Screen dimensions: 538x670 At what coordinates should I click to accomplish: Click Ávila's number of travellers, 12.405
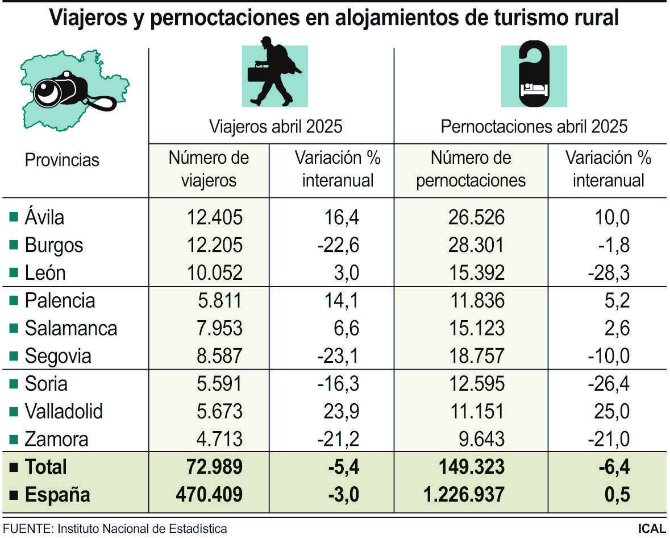[x=215, y=217]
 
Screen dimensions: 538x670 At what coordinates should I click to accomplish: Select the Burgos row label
[x=54, y=246]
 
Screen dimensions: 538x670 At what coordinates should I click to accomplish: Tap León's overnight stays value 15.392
[x=471, y=273]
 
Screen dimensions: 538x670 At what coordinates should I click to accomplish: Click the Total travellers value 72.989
[x=214, y=467]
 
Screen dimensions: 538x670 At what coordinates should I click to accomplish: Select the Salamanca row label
[x=70, y=329]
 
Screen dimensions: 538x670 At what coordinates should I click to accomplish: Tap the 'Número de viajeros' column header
[x=209, y=169]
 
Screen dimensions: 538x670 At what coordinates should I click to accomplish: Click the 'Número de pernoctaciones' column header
[x=471, y=169]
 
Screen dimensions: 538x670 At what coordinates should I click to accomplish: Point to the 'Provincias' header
[x=62, y=160]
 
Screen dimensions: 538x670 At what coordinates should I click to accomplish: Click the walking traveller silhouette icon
[x=274, y=72]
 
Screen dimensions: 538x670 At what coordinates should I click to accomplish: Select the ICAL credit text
[x=651, y=528]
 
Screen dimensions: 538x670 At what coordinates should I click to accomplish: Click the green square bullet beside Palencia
[x=14, y=301]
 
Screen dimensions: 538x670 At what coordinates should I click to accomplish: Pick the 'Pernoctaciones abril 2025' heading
[x=534, y=126]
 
